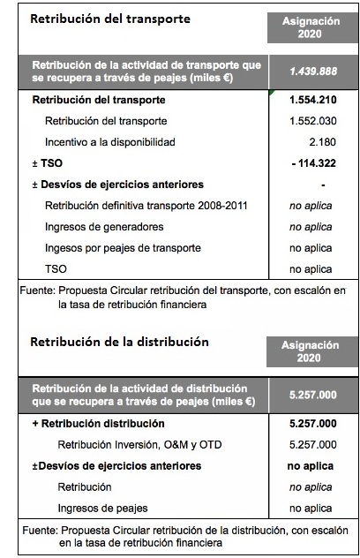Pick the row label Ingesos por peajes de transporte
coord(123,247)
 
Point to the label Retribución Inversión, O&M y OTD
coord(132,444)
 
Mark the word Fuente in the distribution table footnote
coord(37,532)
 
